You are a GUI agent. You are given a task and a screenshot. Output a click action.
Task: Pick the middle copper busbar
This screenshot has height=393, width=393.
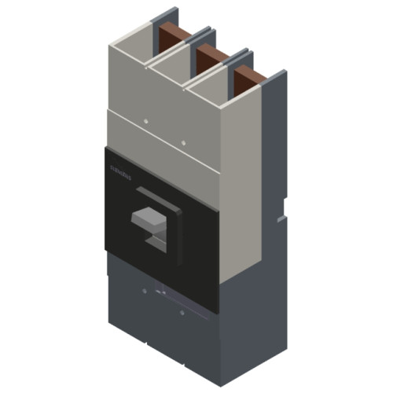(x=210, y=58)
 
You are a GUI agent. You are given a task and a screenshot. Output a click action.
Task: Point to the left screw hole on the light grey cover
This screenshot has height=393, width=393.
(x=147, y=122)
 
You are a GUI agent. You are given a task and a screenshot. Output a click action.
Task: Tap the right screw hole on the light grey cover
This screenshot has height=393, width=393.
(x=183, y=143)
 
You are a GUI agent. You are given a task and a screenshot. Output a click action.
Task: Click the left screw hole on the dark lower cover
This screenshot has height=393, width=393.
(x=145, y=292)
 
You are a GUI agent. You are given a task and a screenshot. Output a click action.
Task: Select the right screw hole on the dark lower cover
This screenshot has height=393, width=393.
(x=182, y=313)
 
